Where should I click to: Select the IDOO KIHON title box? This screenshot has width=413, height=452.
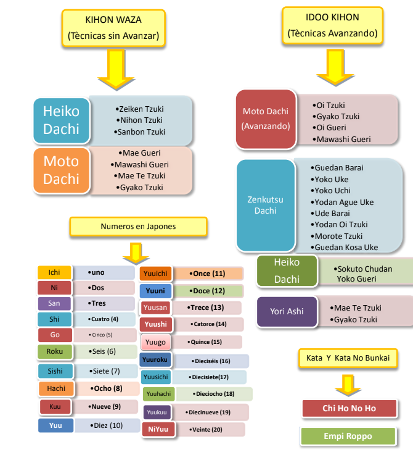[x=332, y=26]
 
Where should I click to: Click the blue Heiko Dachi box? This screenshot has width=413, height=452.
[x=61, y=120]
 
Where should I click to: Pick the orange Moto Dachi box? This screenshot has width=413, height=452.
[x=61, y=170]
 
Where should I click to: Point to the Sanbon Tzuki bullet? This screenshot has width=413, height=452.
[x=140, y=132]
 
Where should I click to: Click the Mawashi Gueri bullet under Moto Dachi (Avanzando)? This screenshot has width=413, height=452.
[x=343, y=139]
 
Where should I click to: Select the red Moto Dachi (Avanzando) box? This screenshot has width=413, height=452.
[x=266, y=119]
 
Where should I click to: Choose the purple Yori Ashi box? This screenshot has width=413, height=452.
[x=287, y=311]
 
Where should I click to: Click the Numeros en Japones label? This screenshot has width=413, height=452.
[x=138, y=227]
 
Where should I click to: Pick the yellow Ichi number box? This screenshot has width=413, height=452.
[x=54, y=272]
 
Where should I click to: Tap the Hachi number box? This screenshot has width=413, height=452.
[x=56, y=388]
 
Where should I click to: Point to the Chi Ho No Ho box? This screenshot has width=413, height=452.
[x=348, y=408]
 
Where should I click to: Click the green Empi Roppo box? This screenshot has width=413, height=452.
[x=348, y=436]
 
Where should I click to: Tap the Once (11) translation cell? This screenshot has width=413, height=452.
[x=208, y=274]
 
